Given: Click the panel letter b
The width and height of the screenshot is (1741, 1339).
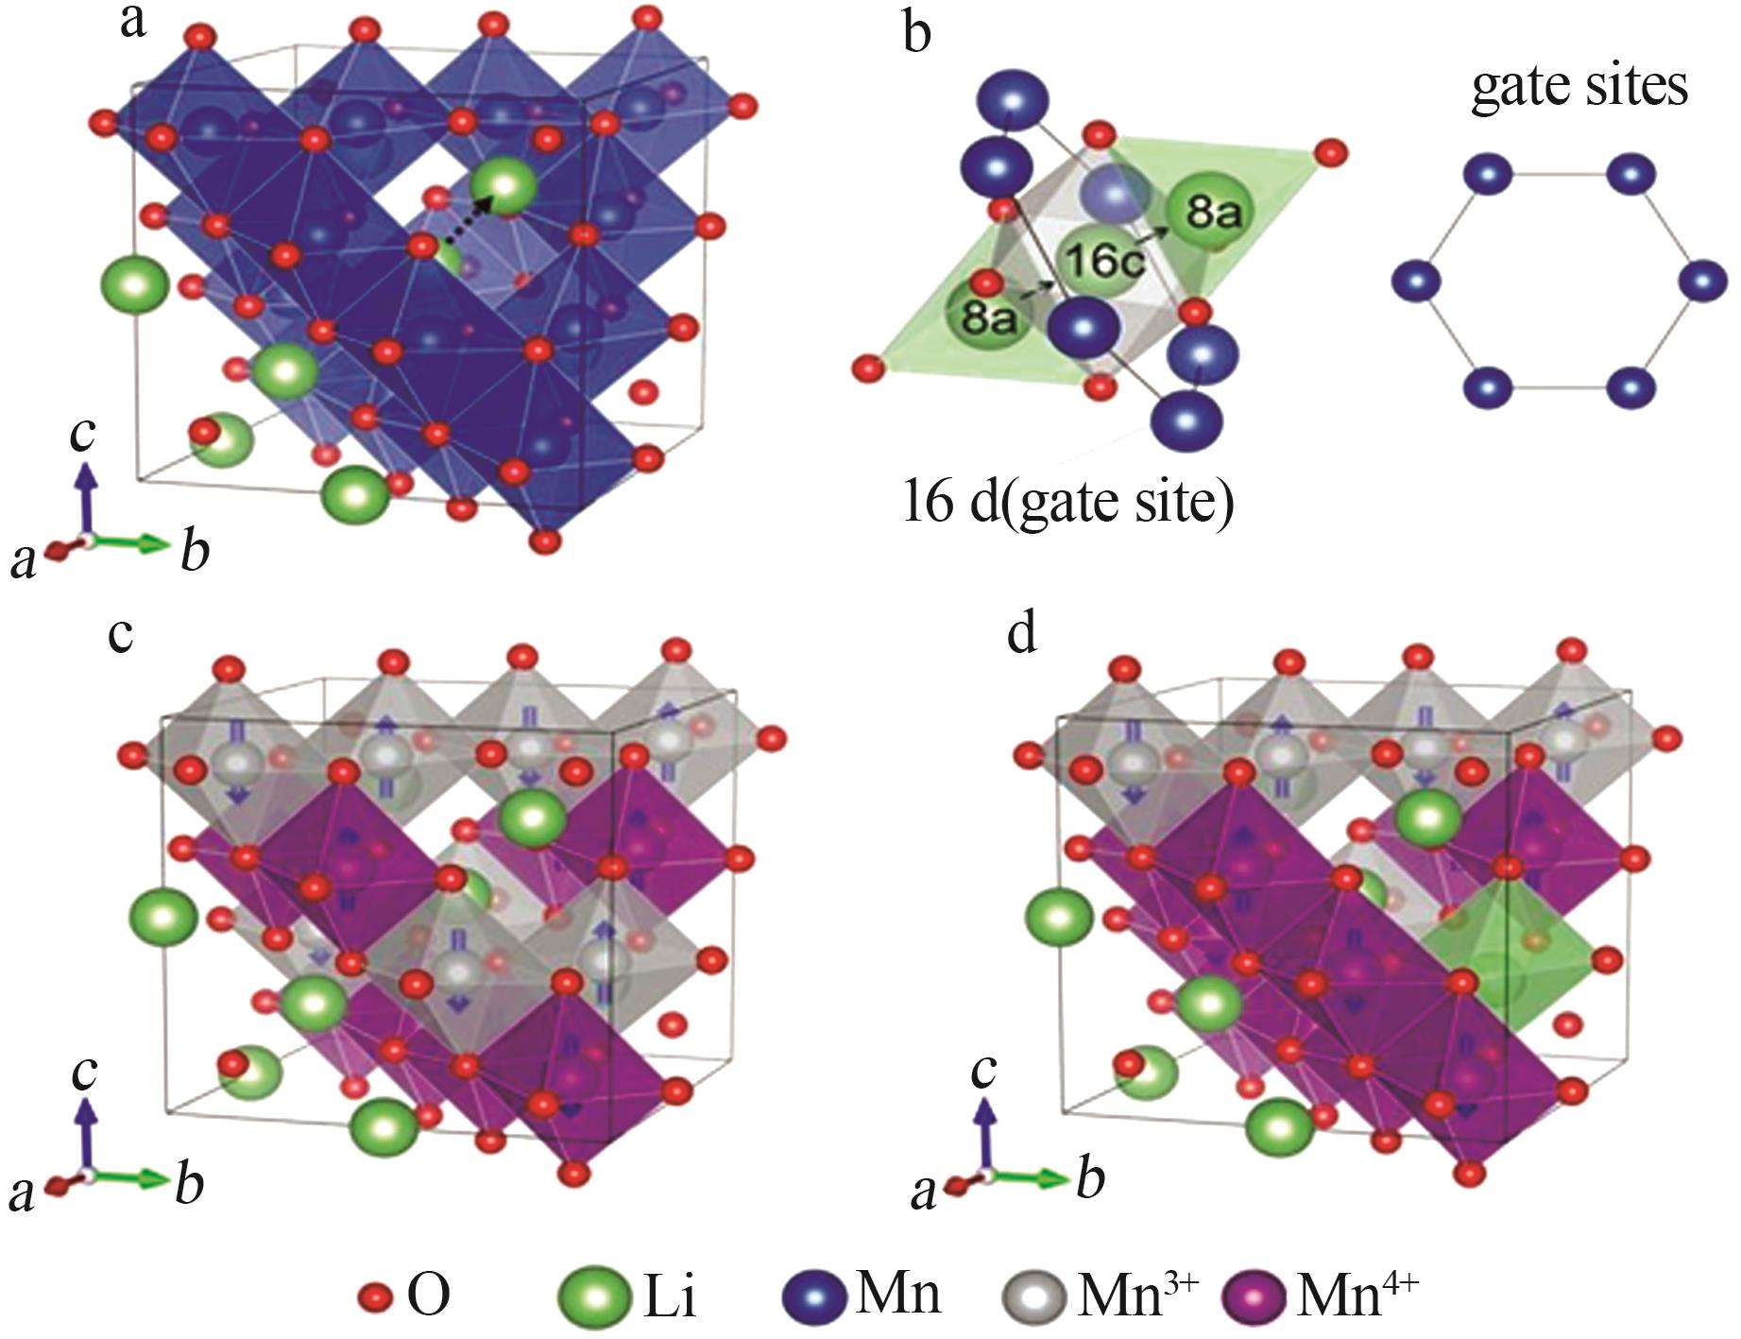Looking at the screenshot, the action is pos(917,33).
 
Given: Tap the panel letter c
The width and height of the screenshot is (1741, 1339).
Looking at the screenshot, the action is pos(120,638).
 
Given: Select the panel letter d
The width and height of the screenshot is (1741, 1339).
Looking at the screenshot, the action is pos(1022,634).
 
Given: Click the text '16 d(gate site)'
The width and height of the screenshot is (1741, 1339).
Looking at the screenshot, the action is pos(1068,502).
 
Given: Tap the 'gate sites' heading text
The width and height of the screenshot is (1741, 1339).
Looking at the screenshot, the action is pos(1579,87).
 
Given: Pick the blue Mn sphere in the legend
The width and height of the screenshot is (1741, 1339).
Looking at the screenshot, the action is pos(815,1296).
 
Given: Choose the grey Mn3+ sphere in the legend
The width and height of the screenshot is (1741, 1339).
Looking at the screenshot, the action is pos(1034,1296).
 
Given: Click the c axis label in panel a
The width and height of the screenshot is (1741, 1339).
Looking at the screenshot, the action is pos(83,434).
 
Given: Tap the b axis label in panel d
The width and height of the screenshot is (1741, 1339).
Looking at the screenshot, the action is pos(1090,1179).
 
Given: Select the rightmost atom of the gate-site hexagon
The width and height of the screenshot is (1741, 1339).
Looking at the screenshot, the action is pos(1702,282).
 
